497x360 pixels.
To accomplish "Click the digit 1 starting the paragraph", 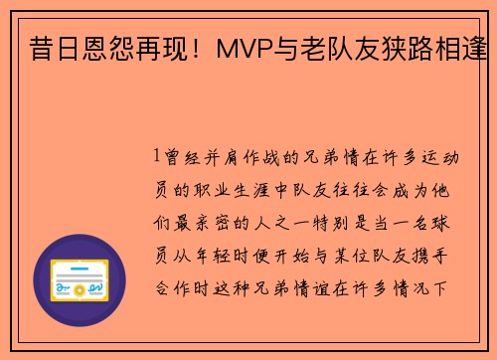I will click(x=157, y=157).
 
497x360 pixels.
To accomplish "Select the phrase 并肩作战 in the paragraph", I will click(x=243, y=157).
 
